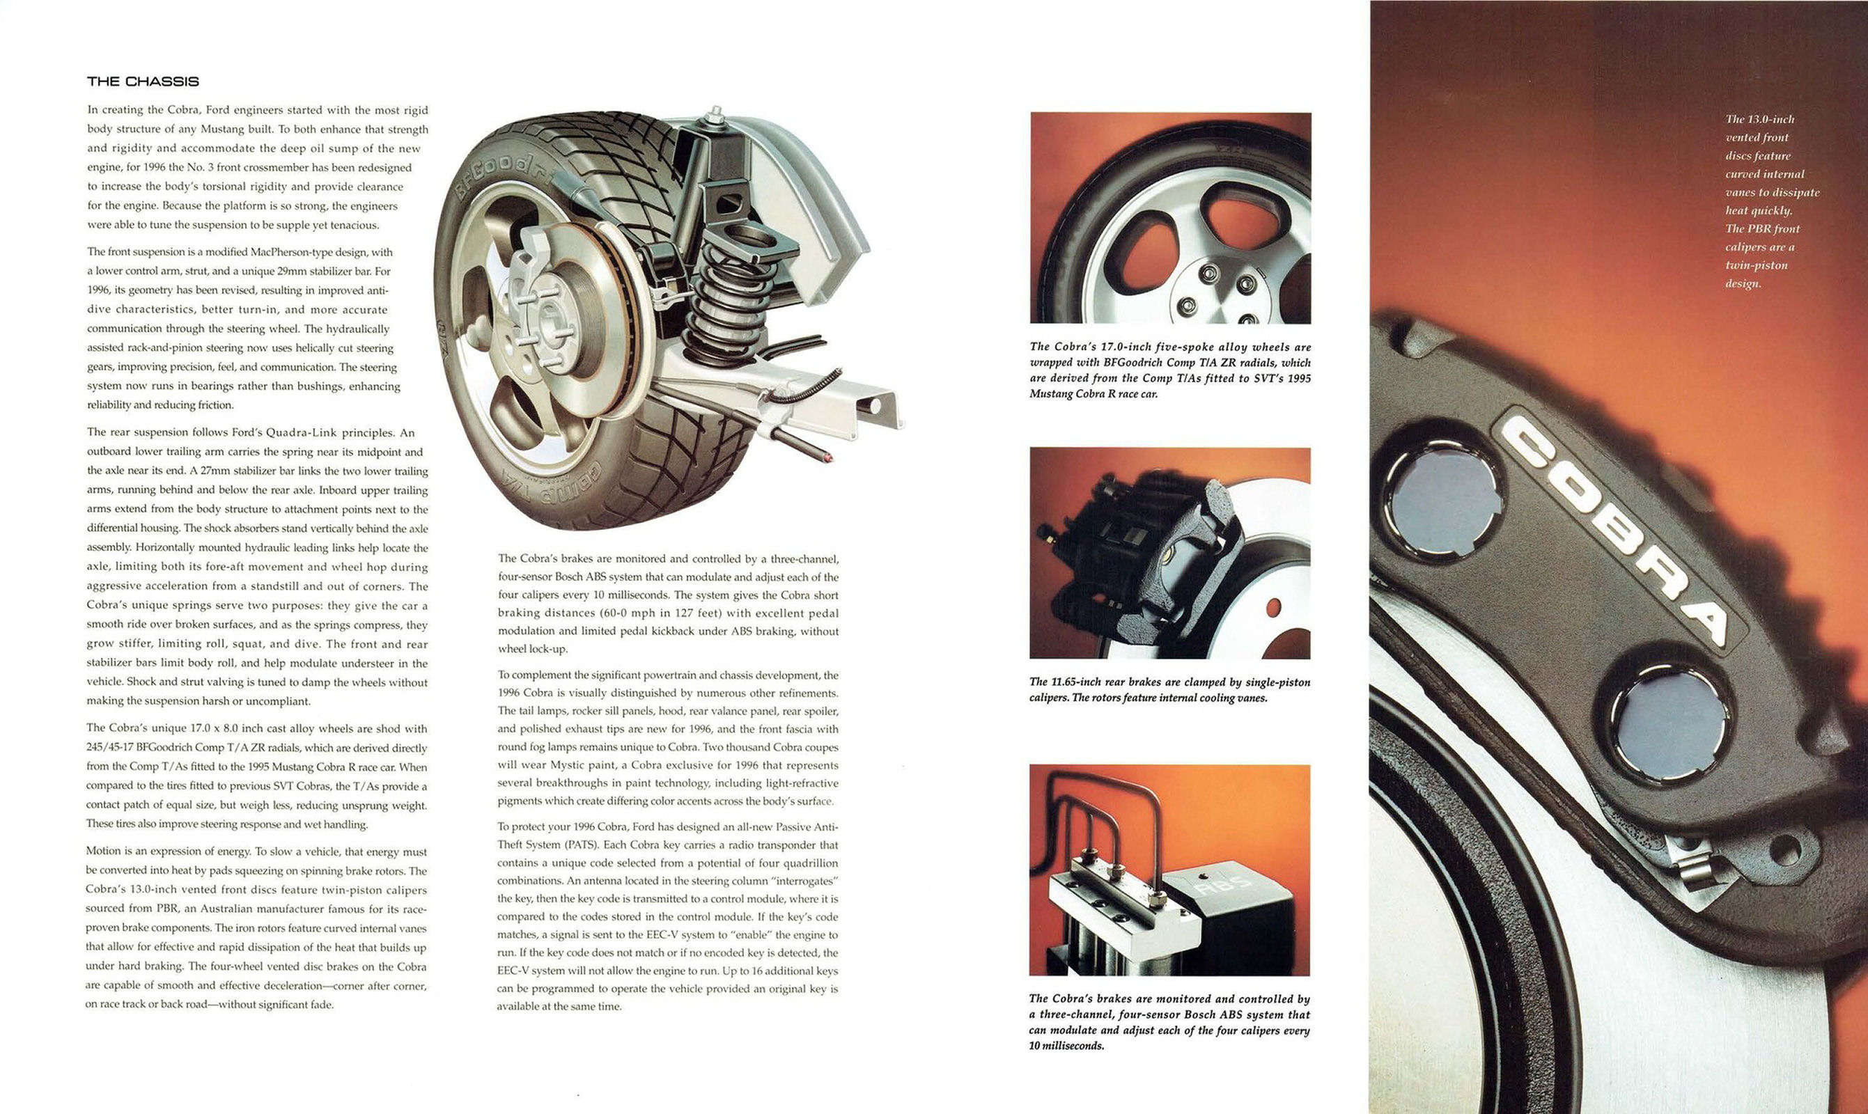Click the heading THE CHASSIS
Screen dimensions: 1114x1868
click(x=143, y=81)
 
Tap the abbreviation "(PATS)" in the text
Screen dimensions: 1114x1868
click(x=577, y=845)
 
